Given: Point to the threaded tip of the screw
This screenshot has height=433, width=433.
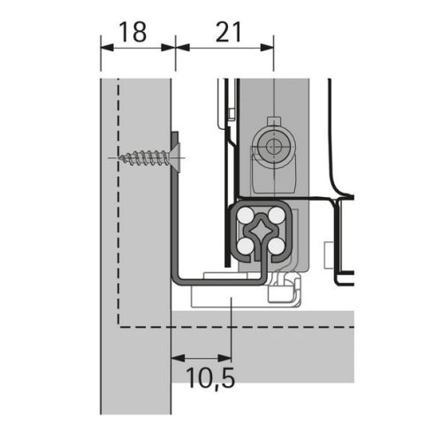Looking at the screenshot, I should pyautogui.click(x=119, y=159).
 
